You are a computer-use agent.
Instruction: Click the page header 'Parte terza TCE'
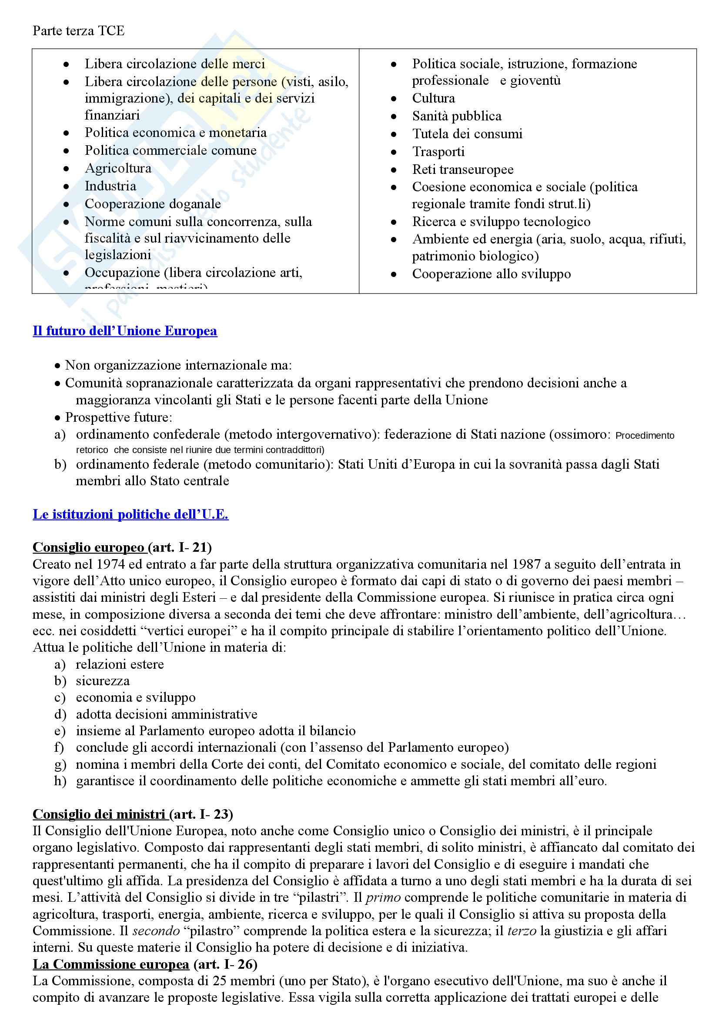(x=78, y=30)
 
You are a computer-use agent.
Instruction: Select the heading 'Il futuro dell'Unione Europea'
(x=125, y=331)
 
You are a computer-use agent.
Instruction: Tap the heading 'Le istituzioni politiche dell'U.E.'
(x=130, y=514)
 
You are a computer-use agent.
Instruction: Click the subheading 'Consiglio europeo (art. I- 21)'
(x=122, y=547)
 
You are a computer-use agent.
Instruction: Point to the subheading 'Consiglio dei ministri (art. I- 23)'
(x=133, y=814)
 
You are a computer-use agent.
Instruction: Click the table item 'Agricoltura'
(x=118, y=168)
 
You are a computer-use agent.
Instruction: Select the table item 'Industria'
(x=110, y=186)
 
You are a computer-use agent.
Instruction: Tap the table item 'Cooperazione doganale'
(x=153, y=204)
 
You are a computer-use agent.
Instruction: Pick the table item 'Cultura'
(x=433, y=98)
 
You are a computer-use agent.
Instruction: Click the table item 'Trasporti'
(x=438, y=152)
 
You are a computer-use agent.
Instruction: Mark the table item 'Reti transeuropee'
(x=462, y=170)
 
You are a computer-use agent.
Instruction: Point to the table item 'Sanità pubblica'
(x=457, y=116)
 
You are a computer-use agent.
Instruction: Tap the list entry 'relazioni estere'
(x=120, y=664)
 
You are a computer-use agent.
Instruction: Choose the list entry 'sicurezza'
(x=103, y=681)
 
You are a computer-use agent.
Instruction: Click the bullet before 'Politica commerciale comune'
(x=66, y=151)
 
